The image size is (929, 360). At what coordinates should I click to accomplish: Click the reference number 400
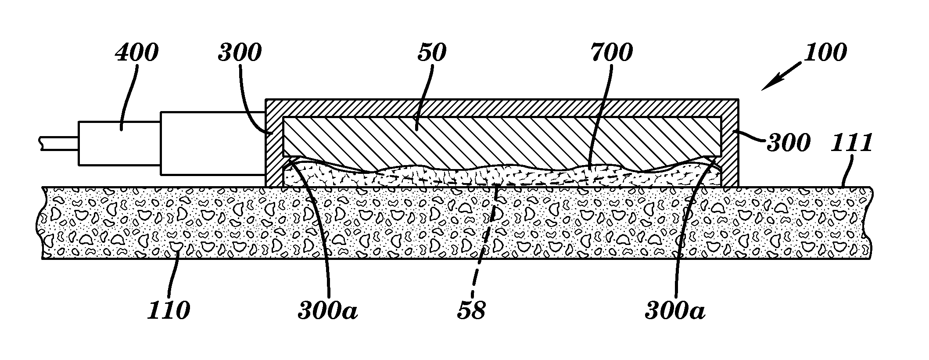[x=136, y=53]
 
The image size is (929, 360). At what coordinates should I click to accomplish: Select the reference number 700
[x=611, y=53]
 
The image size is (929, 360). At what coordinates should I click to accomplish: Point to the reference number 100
[x=825, y=53]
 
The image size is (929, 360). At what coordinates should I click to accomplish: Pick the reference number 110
[x=169, y=310]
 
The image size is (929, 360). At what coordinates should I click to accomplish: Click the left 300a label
[x=328, y=310]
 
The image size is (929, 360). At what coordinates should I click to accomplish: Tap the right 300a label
[x=675, y=310]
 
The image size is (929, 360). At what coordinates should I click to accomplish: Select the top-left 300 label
[x=240, y=53]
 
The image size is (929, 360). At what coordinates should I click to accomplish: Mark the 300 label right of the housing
[x=788, y=143]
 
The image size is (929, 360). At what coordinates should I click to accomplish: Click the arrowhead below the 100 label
[x=768, y=85]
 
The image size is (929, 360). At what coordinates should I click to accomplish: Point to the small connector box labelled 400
[x=119, y=143]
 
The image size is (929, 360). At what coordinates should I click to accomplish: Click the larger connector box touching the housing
[x=213, y=143]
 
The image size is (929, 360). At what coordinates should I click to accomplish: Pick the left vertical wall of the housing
[x=275, y=145]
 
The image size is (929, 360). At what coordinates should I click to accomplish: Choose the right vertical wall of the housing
[x=730, y=145]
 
